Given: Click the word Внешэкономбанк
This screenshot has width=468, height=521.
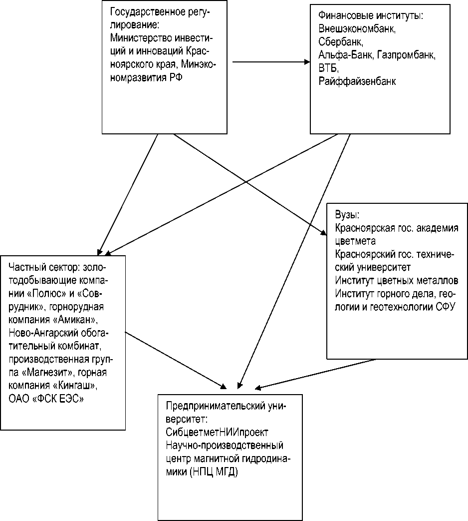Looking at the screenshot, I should coord(357,29).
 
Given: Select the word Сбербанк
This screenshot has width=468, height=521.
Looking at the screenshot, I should coord(337,41).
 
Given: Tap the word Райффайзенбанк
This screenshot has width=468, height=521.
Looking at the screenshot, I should coord(357,81).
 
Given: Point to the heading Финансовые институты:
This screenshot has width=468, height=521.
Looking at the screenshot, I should coord(370,16).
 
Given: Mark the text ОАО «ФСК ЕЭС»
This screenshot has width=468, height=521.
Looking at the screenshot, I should coord(46,399).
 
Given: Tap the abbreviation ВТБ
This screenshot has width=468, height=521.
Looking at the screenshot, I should coord(328,68).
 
